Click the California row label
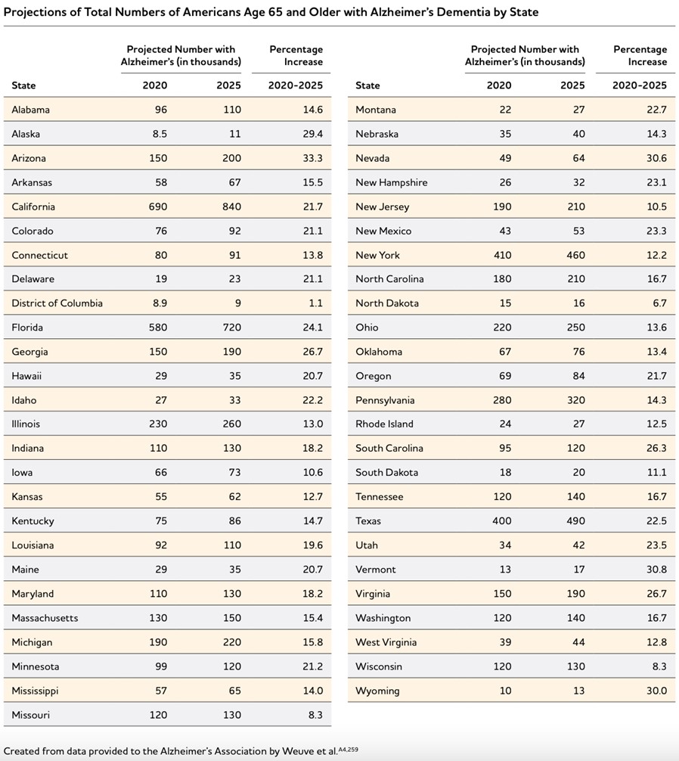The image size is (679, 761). point(33,207)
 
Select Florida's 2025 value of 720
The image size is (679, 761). point(229,328)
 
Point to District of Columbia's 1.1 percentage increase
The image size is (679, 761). point(316,303)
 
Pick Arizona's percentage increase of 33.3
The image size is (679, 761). point(312,158)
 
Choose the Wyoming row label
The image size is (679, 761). point(377,691)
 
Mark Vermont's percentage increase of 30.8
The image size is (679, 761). point(656,570)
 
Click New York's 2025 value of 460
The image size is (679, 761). point(572,255)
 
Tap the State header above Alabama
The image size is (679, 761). point(23,85)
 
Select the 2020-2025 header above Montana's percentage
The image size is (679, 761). point(639,85)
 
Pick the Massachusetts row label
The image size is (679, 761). point(45,618)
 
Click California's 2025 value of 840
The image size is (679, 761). point(229,207)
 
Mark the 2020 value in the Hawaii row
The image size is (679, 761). point(160,376)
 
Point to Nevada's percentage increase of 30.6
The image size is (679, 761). point(656,158)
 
